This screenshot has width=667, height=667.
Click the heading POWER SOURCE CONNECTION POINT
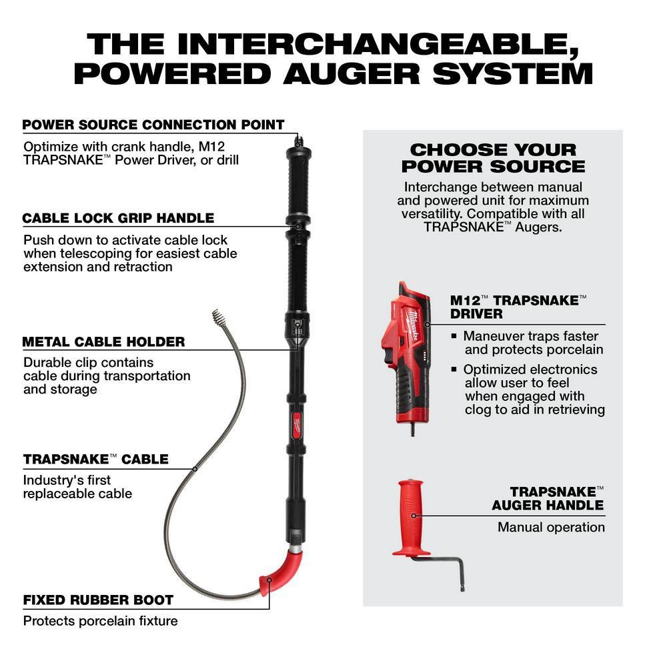[153, 125]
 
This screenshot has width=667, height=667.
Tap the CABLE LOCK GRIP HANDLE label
[118, 218]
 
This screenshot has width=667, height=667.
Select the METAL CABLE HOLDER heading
[103, 342]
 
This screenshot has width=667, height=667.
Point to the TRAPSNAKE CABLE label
[95, 459]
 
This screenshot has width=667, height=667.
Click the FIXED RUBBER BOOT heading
[98, 600]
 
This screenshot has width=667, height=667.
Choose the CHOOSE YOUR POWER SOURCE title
[493, 158]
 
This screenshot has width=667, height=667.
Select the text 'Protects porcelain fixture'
[100, 621]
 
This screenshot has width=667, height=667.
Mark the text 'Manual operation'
[551, 527]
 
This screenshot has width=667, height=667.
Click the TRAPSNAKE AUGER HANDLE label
[548, 498]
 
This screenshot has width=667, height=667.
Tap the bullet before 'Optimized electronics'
[454, 369]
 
